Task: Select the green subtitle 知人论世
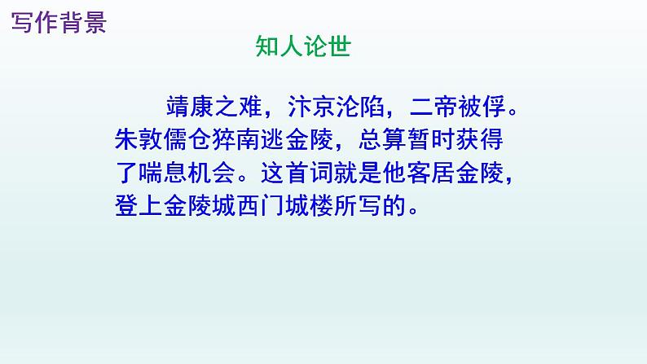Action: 302,47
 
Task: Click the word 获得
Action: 482,141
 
